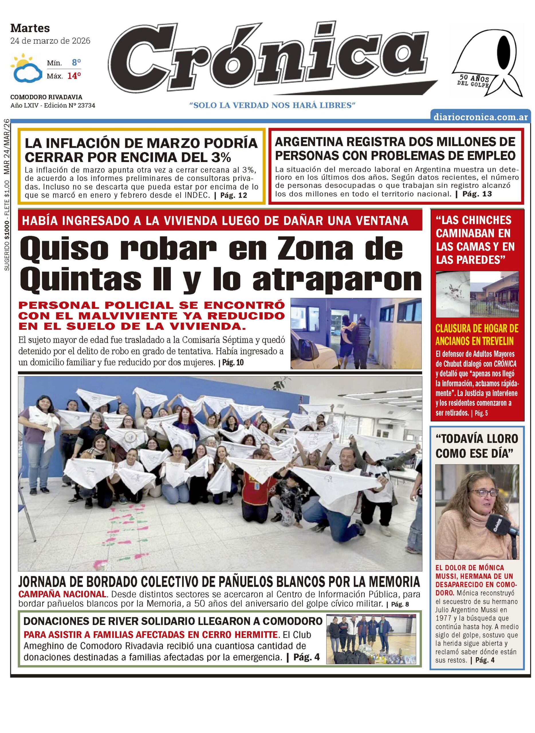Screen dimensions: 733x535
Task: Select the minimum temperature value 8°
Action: [76, 62]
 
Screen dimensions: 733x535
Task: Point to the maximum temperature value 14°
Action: [74, 76]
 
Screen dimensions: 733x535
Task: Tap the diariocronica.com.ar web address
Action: [481, 117]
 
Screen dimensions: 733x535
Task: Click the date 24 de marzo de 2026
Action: [50, 41]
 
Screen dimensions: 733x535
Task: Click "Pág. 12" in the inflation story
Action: [233, 195]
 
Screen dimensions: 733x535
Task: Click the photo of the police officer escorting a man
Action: [356, 333]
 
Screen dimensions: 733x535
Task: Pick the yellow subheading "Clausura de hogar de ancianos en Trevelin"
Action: [477, 334]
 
